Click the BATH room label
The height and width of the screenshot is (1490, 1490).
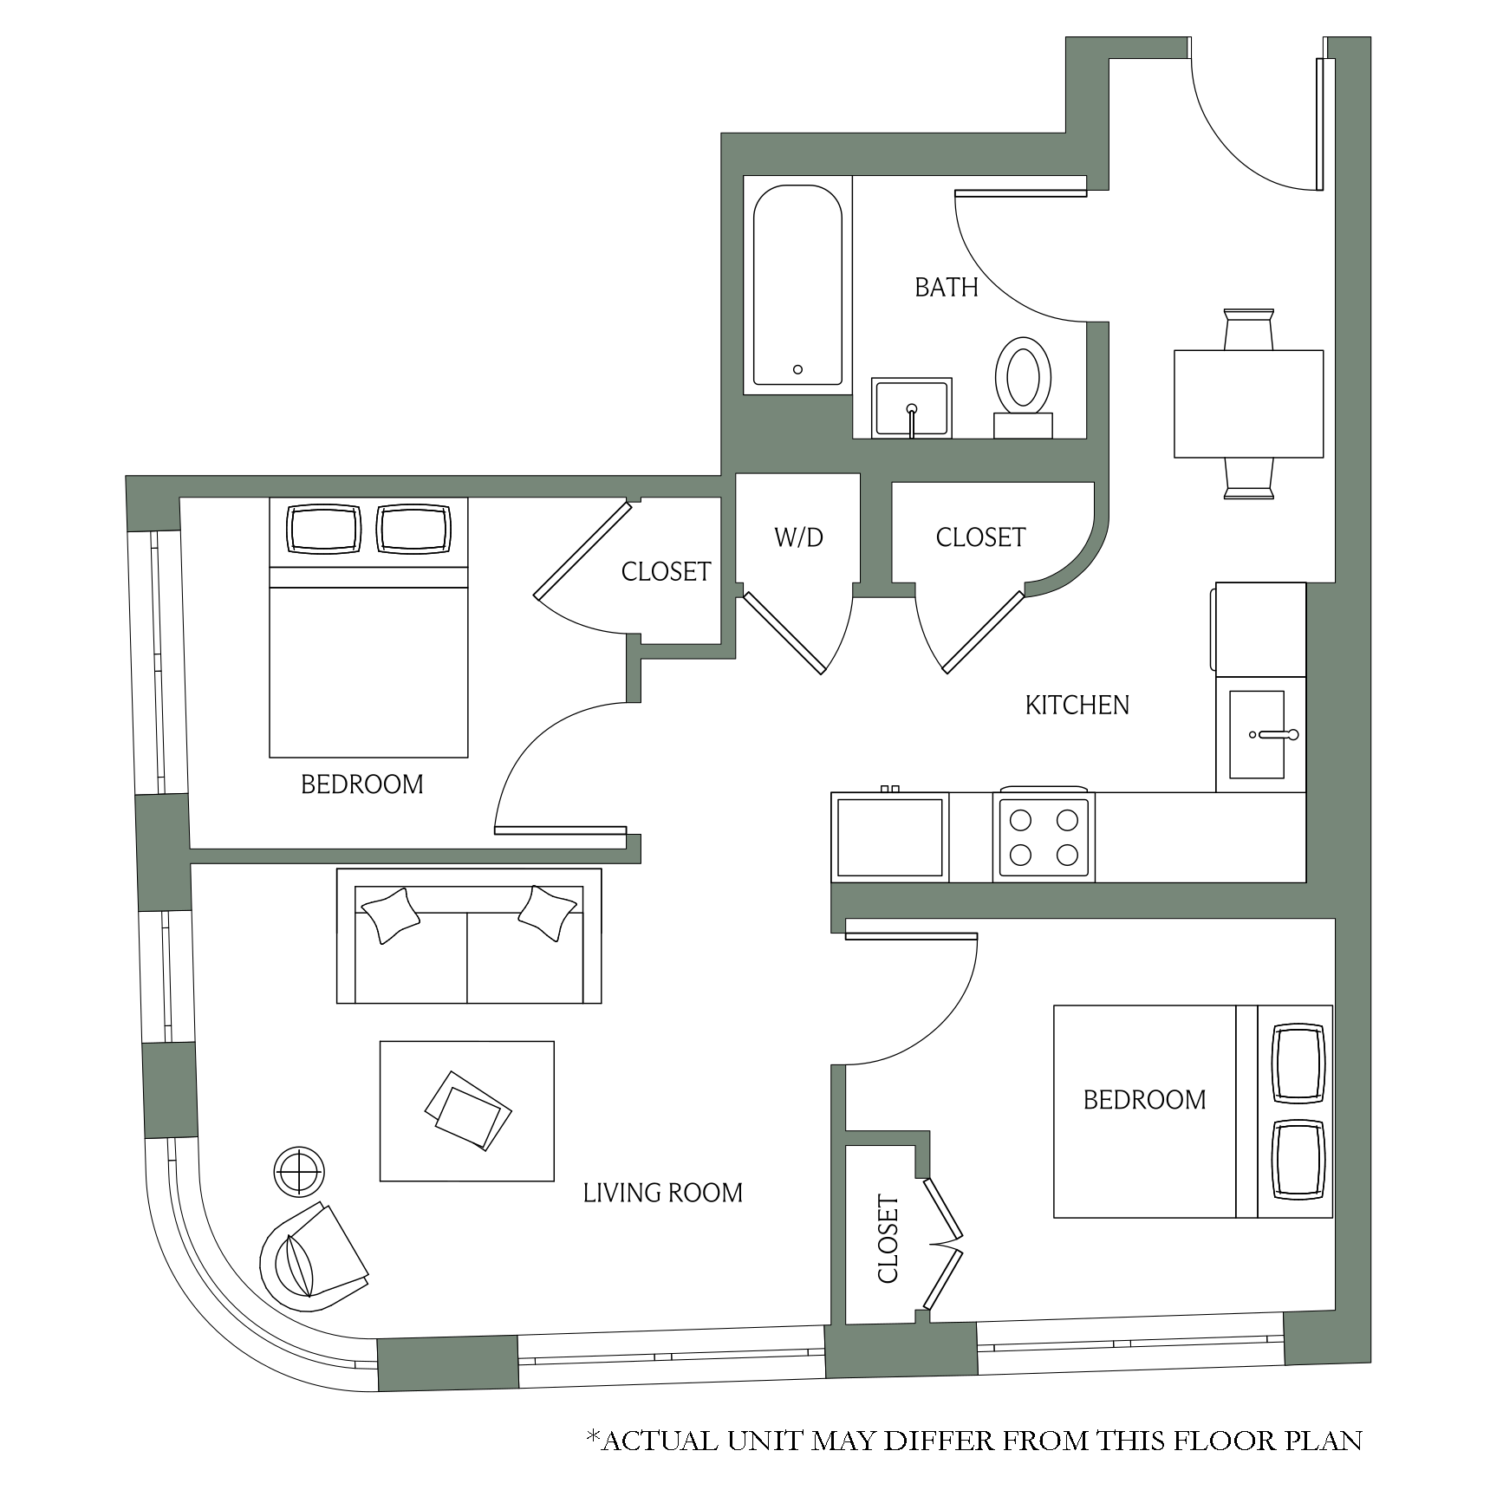pos(946,287)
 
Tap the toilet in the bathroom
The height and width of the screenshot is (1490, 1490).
pos(1023,387)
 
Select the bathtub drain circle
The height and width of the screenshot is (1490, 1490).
pos(797,369)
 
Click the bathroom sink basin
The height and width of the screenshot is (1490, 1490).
pos(911,407)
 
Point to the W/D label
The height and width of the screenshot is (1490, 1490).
pos(798,537)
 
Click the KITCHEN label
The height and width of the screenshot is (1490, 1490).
pos(1077,705)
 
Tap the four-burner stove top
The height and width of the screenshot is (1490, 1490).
pos(1044,836)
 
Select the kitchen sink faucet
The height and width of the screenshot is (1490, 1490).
pos(1274,735)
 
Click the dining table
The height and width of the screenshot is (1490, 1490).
pos(1248,403)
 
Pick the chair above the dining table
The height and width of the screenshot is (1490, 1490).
pos(1248,329)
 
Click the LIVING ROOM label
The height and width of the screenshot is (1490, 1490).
pos(662,1193)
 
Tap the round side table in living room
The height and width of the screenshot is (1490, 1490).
pos(299,1171)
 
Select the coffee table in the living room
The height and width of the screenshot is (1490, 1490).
pos(466,1110)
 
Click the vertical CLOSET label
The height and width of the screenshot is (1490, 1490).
pos(888,1239)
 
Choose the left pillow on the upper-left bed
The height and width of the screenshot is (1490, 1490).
pos(324,529)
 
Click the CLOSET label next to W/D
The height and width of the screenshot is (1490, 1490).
pos(980,537)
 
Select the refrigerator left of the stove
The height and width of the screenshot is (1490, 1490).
pos(890,837)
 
